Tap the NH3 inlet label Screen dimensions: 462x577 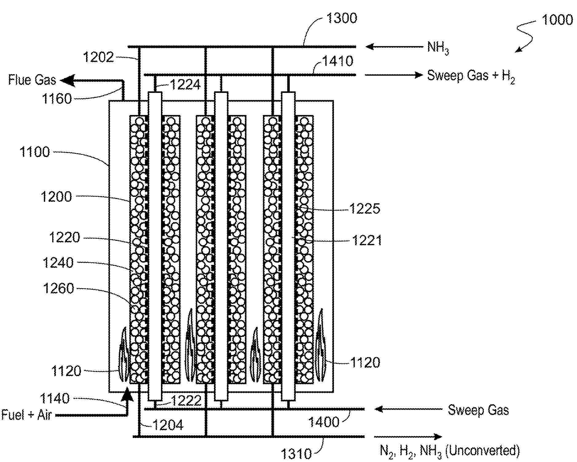pos(438,48)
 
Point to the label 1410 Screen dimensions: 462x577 pos(338,61)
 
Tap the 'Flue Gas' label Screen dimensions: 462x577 pos(32,80)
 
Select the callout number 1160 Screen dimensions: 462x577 pos(57,99)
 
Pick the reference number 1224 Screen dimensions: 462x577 pos(185,85)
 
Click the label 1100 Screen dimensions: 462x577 pos(34,152)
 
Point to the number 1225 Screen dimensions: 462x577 pos(365,209)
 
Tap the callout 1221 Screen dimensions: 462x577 pos(367,240)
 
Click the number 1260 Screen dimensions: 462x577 pos(58,289)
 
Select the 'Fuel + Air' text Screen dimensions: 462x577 pos(26,415)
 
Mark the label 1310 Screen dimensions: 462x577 pos(296,453)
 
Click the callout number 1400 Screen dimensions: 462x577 pos(324,422)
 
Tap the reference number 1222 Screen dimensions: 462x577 pos(186,400)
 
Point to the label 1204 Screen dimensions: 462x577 pos(168,425)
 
